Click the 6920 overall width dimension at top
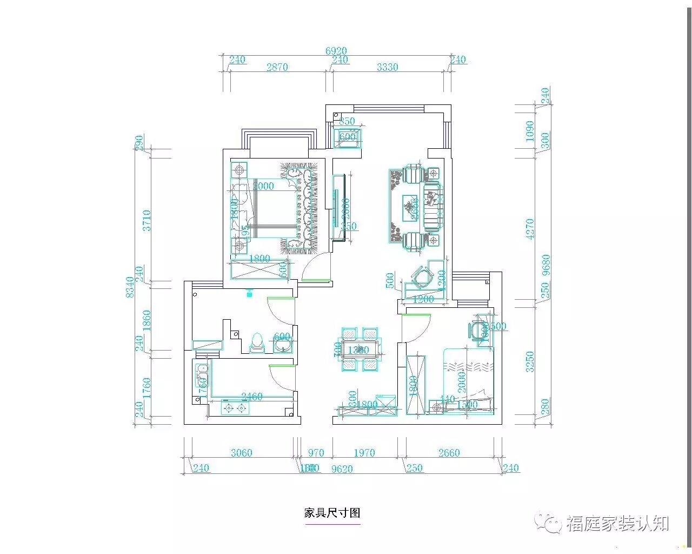336,51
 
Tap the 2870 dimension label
277,67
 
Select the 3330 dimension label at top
387,67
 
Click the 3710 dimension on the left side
147,220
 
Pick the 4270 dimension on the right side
530,229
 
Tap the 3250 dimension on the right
530,361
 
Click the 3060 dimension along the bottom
241,453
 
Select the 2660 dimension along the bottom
449,453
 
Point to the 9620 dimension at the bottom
342,469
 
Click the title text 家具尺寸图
332,513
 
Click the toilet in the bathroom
257,343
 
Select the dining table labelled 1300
357,349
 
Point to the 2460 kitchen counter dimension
251,397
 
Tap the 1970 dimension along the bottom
364,453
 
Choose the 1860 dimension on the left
147,320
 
